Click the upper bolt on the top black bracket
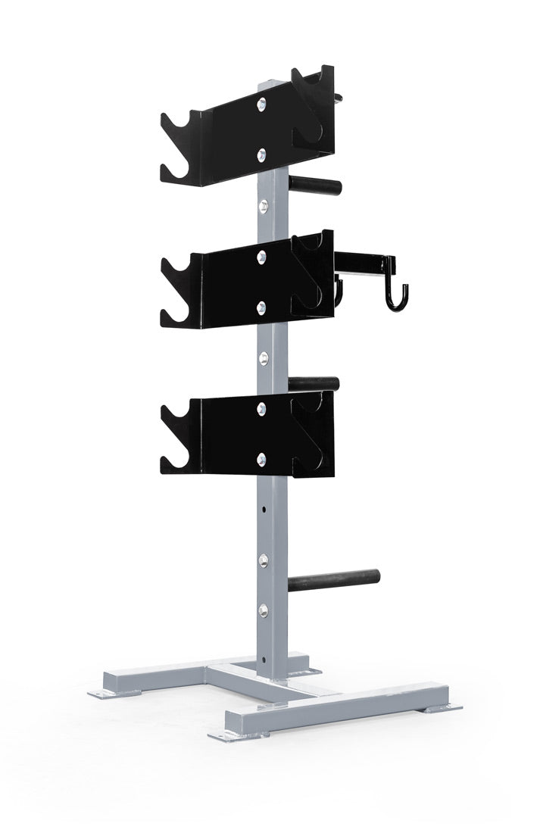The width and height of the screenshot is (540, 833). (261, 104)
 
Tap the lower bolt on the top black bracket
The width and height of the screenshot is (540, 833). (261, 154)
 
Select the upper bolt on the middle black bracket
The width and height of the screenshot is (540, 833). (261, 255)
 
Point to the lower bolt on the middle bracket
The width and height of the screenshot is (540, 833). (261, 306)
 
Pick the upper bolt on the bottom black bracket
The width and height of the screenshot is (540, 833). (261, 408)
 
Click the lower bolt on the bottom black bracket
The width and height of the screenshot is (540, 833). (262, 457)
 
